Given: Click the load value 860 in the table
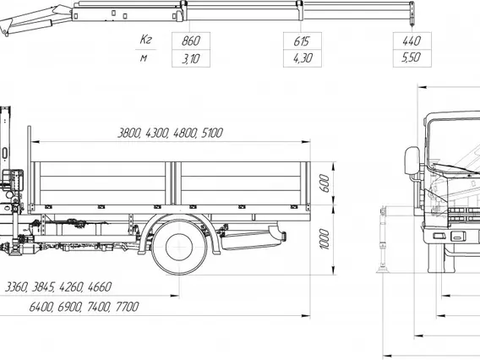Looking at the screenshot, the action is click(190, 41).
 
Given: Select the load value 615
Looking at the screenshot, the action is click(302, 41).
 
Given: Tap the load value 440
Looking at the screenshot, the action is click(412, 41).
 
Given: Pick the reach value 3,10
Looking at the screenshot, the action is click(190, 58).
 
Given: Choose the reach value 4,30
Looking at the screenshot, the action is click(303, 58).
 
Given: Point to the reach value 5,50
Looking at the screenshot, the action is click(412, 57).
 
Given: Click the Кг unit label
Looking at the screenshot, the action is click(145, 39).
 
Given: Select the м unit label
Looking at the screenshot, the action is click(144, 57).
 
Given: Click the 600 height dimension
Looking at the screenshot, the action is click(325, 183).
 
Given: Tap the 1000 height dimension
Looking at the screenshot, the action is click(325, 239).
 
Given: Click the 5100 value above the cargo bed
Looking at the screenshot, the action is click(212, 133).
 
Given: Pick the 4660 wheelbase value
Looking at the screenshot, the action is click(100, 287).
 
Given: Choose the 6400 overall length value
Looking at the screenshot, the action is click(41, 307).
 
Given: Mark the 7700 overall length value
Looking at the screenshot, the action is click(127, 307).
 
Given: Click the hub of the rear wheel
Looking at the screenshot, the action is click(179, 247).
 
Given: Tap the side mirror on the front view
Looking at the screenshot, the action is click(412, 161).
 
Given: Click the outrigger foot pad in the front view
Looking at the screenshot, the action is click(383, 270).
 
